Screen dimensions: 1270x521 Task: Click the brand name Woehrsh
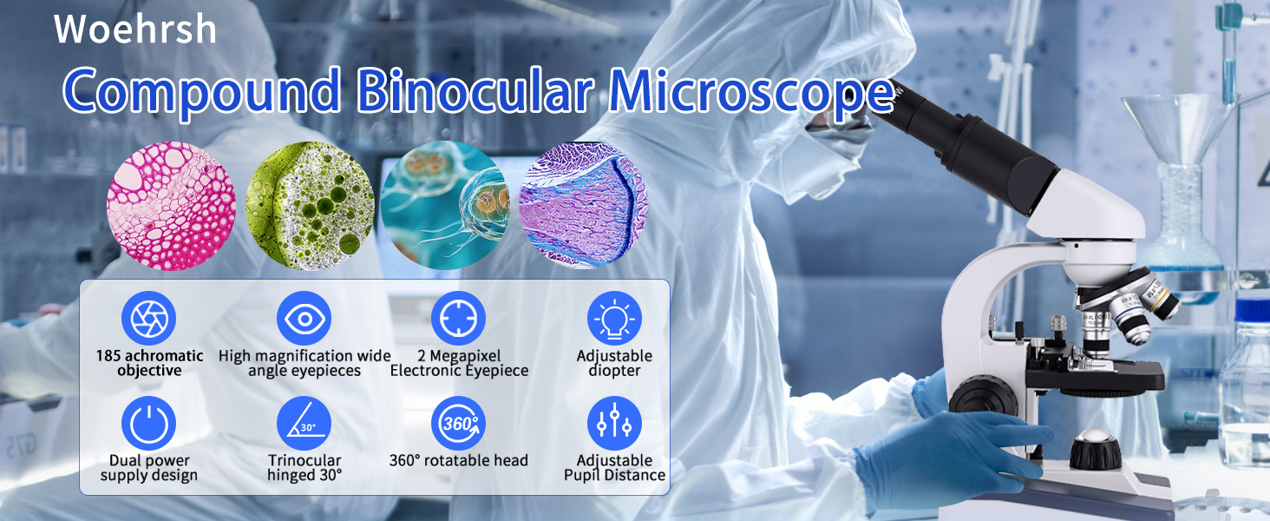(x=135, y=29)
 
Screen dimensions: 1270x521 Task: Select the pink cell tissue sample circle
(x=171, y=206)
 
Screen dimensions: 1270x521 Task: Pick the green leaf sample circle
(x=311, y=206)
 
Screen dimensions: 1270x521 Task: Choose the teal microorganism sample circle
(x=445, y=205)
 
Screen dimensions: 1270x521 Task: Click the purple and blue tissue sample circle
(x=584, y=206)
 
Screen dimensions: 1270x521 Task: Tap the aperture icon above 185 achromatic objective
(x=148, y=319)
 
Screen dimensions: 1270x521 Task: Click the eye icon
(x=304, y=319)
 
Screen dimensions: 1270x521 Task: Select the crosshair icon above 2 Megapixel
(x=458, y=319)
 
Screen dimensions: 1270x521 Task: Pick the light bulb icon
(x=614, y=319)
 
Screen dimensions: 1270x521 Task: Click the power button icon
(x=148, y=424)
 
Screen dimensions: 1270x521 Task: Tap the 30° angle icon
(x=304, y=424)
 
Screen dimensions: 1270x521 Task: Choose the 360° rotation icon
(x=458, y=424)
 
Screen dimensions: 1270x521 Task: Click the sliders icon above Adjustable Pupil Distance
(x=614, y=424)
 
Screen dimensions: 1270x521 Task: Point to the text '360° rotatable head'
(x=459, y=460)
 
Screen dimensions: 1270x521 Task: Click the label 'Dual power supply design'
(x=149, y=468)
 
